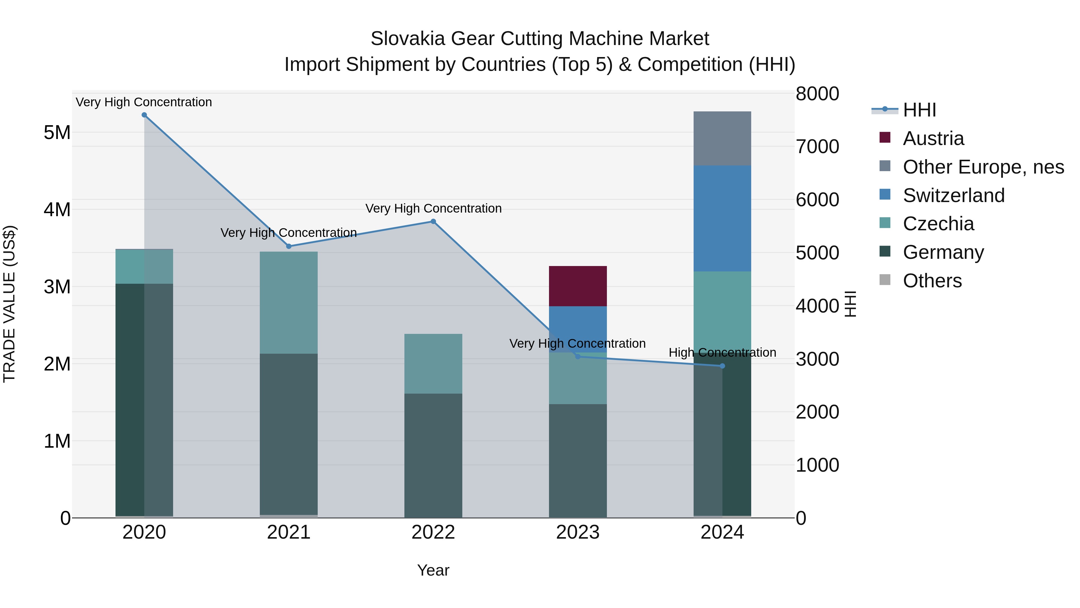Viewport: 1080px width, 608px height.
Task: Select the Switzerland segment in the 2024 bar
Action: coord(722,218)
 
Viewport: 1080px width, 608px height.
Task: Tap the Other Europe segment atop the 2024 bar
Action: coord(722,138)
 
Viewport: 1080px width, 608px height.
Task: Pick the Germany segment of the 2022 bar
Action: coord(433,455)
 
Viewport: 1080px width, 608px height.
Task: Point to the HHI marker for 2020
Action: coord(144,115)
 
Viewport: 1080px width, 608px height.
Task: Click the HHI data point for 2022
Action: coord(433,222)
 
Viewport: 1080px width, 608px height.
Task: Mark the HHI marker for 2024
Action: coord(722,366)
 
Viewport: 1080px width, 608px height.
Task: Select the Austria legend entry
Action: coord(933,138)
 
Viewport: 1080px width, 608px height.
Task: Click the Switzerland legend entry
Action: coord(953,195)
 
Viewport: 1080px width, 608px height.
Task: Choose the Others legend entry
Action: coord(932,281)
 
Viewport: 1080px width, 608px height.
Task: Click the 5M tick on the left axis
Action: coord(57,133)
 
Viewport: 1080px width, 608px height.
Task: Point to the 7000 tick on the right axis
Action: coord(817,147)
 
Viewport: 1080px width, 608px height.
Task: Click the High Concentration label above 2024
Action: coord(722,352)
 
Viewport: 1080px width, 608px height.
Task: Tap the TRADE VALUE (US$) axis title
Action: coord(9,304)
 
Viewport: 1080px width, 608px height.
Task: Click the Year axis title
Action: coord(433,570)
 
